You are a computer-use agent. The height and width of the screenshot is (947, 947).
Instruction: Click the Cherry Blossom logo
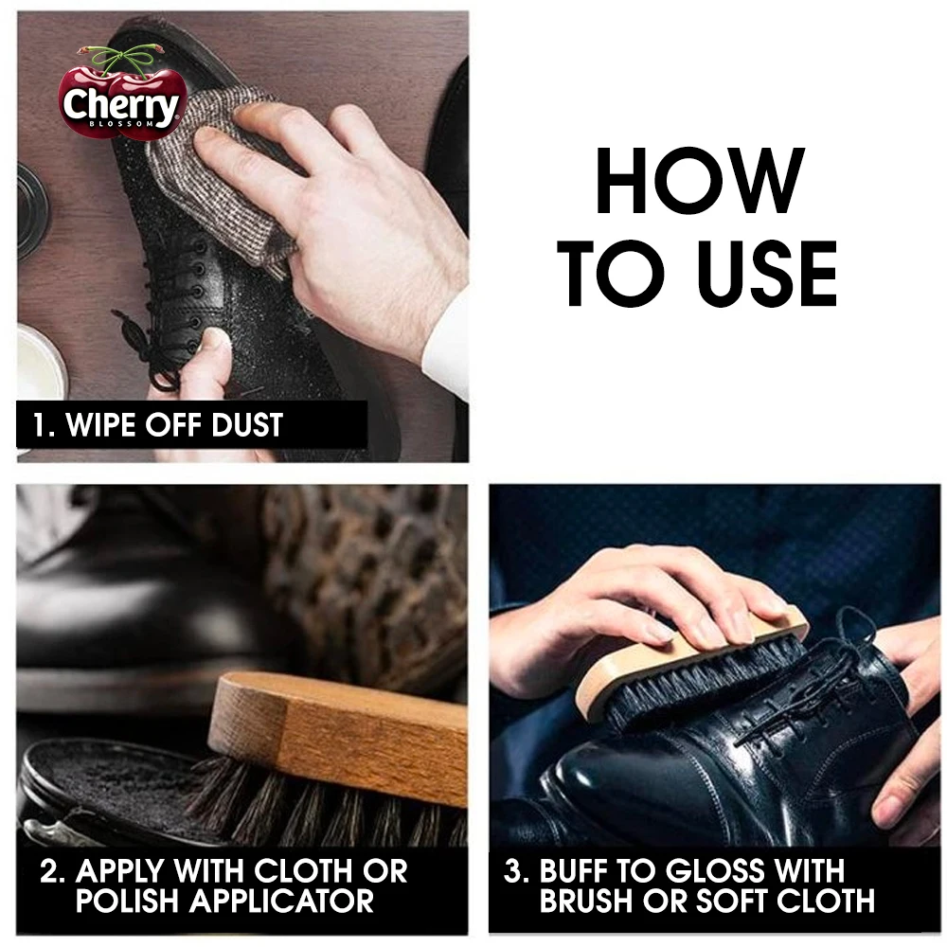(x=119, y=98)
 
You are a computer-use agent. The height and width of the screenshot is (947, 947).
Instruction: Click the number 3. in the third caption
(x=516, y=871)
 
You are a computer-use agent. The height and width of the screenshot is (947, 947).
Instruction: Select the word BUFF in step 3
(x=577, y=871)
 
